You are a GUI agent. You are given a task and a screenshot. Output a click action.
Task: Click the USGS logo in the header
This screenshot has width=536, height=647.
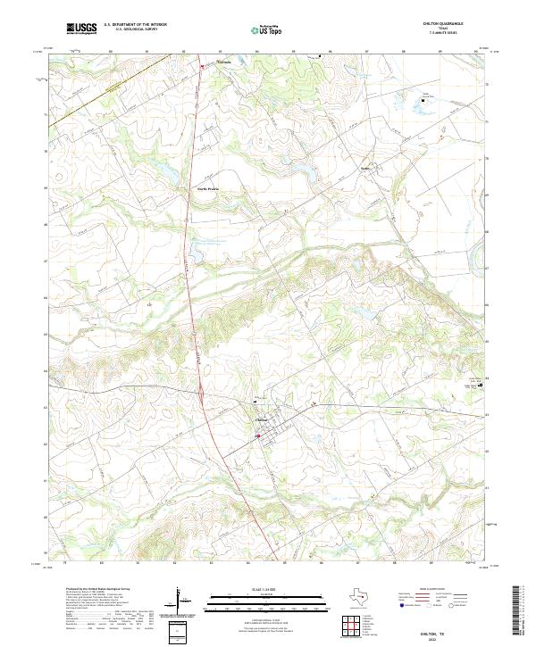click(81, 29)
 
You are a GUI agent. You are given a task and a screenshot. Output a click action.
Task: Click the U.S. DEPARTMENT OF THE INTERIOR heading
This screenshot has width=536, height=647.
click(135, 24)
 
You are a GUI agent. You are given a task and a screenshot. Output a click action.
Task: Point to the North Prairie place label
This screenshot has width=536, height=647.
click(207, 188)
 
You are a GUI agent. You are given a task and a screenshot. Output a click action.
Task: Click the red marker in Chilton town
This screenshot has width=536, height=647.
click(258, 435)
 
